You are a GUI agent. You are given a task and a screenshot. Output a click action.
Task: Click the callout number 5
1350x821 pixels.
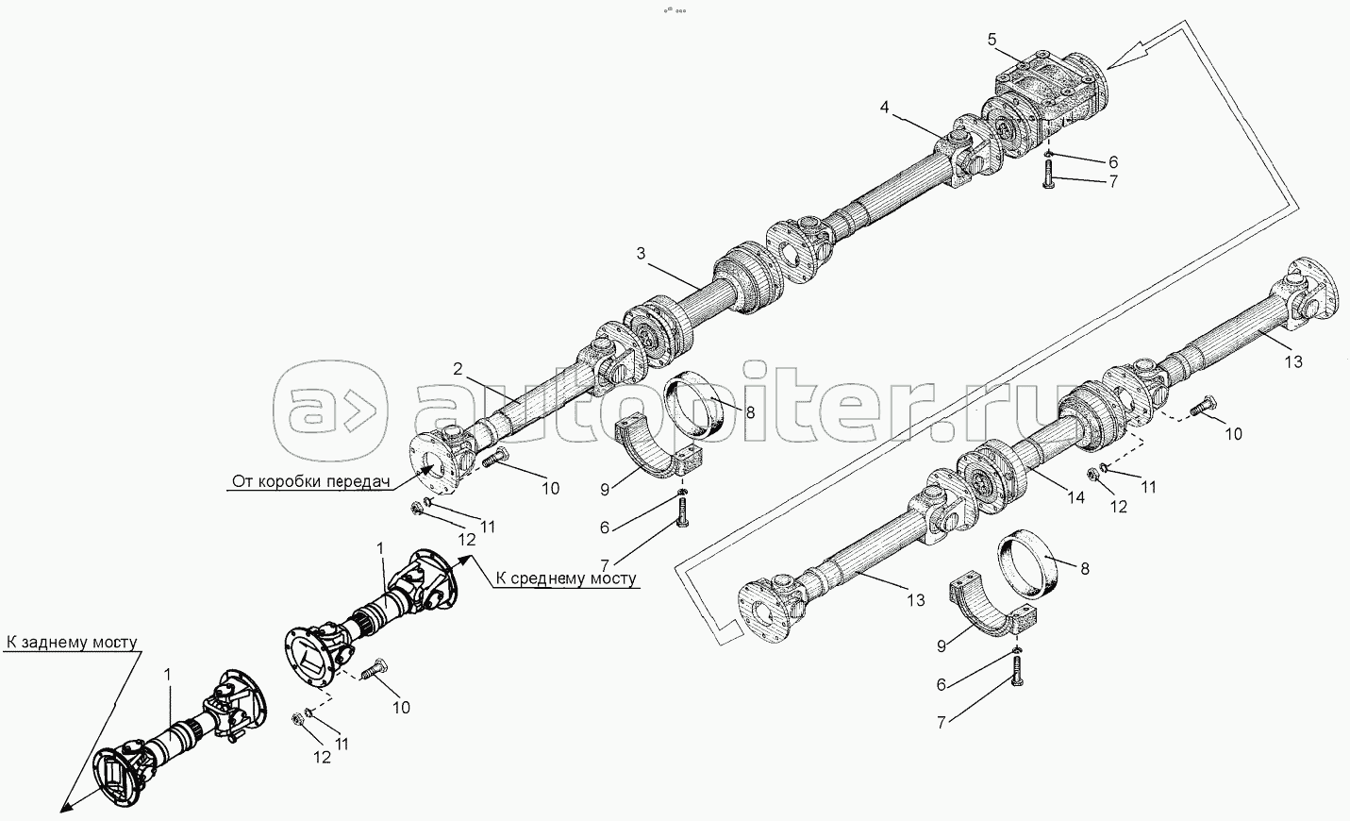pyautogui.click(x=992, y=39)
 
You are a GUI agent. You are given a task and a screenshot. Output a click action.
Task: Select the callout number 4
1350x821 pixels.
pyautogui.click(x=884, y=107)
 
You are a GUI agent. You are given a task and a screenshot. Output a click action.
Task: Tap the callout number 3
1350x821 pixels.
pyautogui.click(x=641, y=253)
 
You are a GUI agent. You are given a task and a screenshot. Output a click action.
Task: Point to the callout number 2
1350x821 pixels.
pyautogui.click(x=458, y=369)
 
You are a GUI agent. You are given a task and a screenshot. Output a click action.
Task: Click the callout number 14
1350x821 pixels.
pyautogui.click(x=1076, y=498)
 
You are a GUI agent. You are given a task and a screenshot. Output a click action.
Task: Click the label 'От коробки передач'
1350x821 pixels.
pyautogui.click(x=311, y=482)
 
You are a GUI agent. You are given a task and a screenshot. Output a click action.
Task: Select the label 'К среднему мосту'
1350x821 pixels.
pyautogui.click(x=565, y=578)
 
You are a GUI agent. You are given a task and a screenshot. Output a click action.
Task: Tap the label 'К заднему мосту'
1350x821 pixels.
pyautogui.click(x=72, y=643)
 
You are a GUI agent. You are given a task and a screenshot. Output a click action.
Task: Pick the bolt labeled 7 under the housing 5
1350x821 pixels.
pyautogui.click(x=1048, y=176)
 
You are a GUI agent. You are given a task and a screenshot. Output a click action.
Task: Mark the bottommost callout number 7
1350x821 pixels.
pyautogui.click(x=941, y=722)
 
